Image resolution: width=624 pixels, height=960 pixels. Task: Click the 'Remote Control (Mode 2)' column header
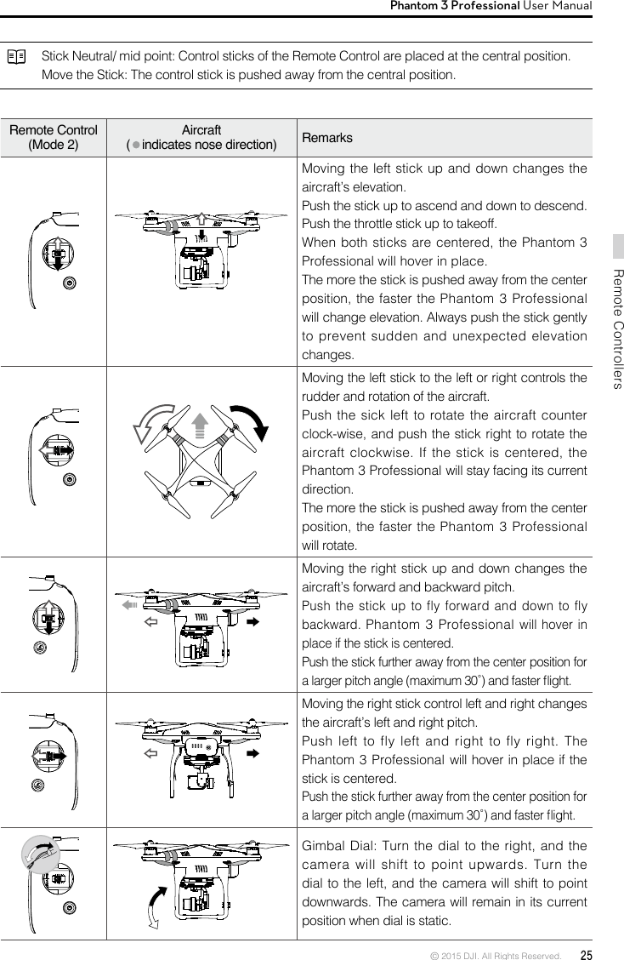point(53,137)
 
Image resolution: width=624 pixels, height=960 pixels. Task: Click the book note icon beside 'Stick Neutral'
point(16,57)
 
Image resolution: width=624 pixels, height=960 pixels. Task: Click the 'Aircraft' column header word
point(201,130)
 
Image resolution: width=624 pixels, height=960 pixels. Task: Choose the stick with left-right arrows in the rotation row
point(55,449)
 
